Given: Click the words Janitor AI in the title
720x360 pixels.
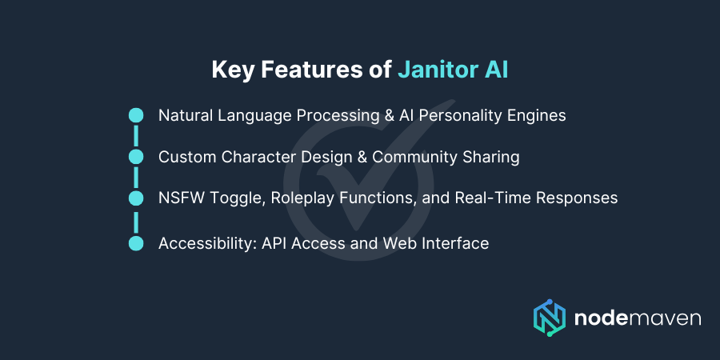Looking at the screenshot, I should (x=453, y=70).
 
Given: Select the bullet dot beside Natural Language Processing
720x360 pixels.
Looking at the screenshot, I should (x=136, y=115).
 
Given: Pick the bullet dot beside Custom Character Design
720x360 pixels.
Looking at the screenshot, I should (x=136, y=157).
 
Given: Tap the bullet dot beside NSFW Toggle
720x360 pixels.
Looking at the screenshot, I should (x=136, y=198).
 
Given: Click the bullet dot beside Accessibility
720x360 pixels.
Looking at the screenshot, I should (x=136, y=243).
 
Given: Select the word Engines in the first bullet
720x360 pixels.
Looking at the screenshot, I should (x=538, y=115).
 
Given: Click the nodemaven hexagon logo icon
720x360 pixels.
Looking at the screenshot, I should (x=550, y=318).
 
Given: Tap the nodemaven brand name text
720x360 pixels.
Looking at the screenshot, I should (x=638, y=318).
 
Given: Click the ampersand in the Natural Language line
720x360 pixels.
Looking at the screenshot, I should (x=390, y=115).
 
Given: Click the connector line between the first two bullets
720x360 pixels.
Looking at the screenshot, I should (x=136, y=136).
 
